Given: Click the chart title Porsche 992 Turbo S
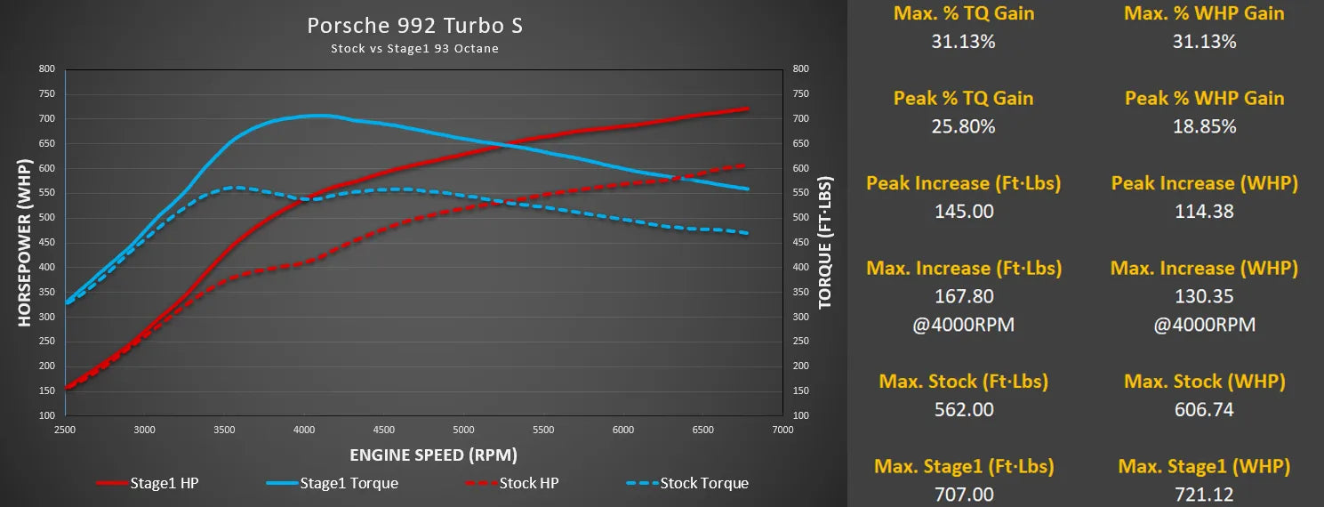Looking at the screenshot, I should click(414, 26).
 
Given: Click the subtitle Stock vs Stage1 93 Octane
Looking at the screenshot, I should click(414, 48).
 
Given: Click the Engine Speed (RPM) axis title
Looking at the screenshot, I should click(433, 455).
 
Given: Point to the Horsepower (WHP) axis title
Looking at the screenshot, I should click(24, 243).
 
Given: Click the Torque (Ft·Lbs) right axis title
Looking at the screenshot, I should click(825, 243).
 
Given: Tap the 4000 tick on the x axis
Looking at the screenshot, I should click(304, 430).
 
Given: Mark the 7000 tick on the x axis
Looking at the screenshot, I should click(782, 430).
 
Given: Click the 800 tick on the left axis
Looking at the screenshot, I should click(46, 69).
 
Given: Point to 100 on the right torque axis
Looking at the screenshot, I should click(800, 415).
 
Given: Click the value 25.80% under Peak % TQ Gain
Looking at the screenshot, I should click(963, 126).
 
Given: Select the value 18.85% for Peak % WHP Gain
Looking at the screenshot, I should click(1204, 126).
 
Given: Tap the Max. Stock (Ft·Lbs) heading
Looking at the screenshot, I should click(963, 382).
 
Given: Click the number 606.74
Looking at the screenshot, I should click(1204, 409).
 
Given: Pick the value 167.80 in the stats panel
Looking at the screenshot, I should click(963, 296).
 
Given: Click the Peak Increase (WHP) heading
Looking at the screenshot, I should click(1204, 183).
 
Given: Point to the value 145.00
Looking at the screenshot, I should click(963, 211).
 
